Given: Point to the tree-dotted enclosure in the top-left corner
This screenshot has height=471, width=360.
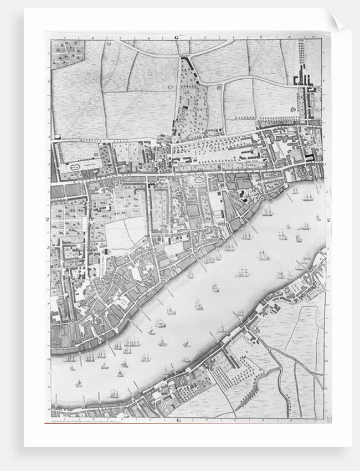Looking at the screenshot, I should [68, 52].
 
